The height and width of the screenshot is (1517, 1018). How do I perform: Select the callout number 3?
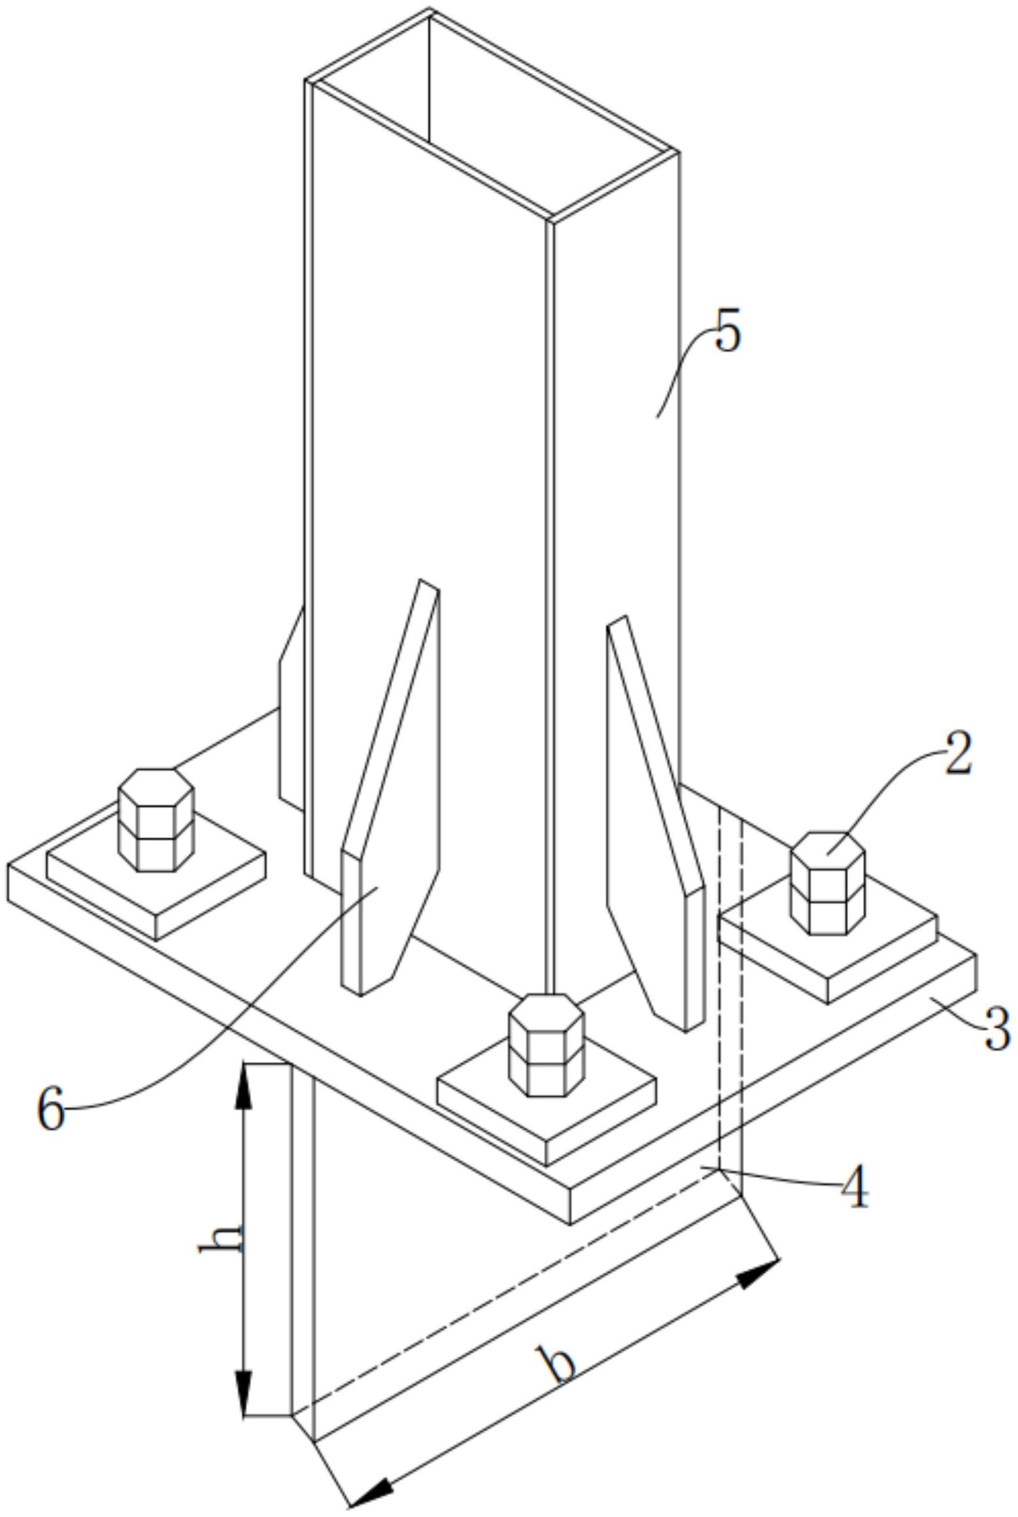(x=997, y=1029)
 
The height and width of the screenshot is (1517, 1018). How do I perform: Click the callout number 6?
(x=50, y=1109)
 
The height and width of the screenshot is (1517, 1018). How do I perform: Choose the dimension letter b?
(x=556, y=1364)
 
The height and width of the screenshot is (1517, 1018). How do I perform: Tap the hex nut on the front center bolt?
(x=546, y=1045)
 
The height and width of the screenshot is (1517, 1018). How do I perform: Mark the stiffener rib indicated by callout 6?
(x=390, y=787)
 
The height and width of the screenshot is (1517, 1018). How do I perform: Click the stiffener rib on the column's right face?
(x=656, y=824)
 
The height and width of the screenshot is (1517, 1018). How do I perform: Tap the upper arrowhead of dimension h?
(x=244, y=1086)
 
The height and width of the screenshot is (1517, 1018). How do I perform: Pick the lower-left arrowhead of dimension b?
(x=371, y=1496)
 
